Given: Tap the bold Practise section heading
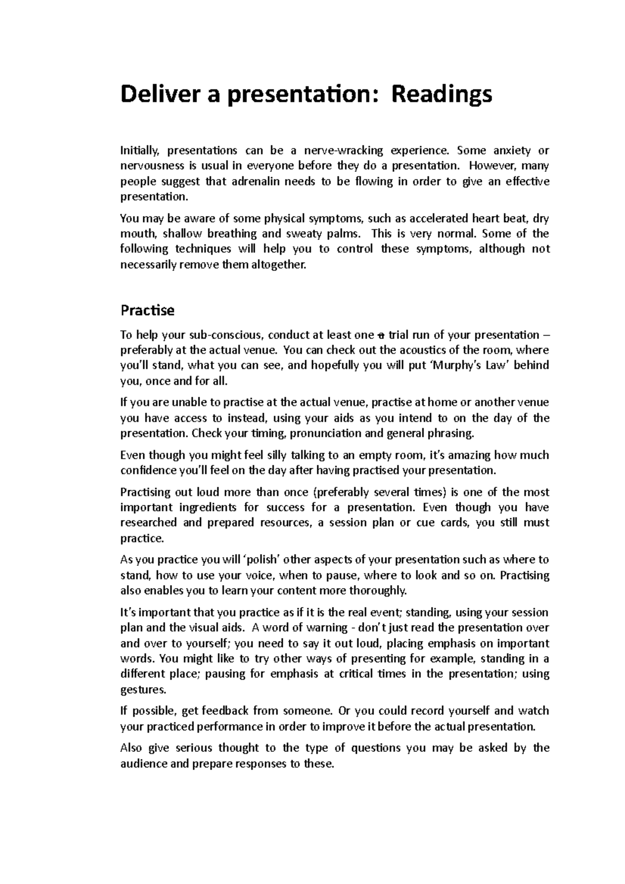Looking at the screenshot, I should tap(147, 311).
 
